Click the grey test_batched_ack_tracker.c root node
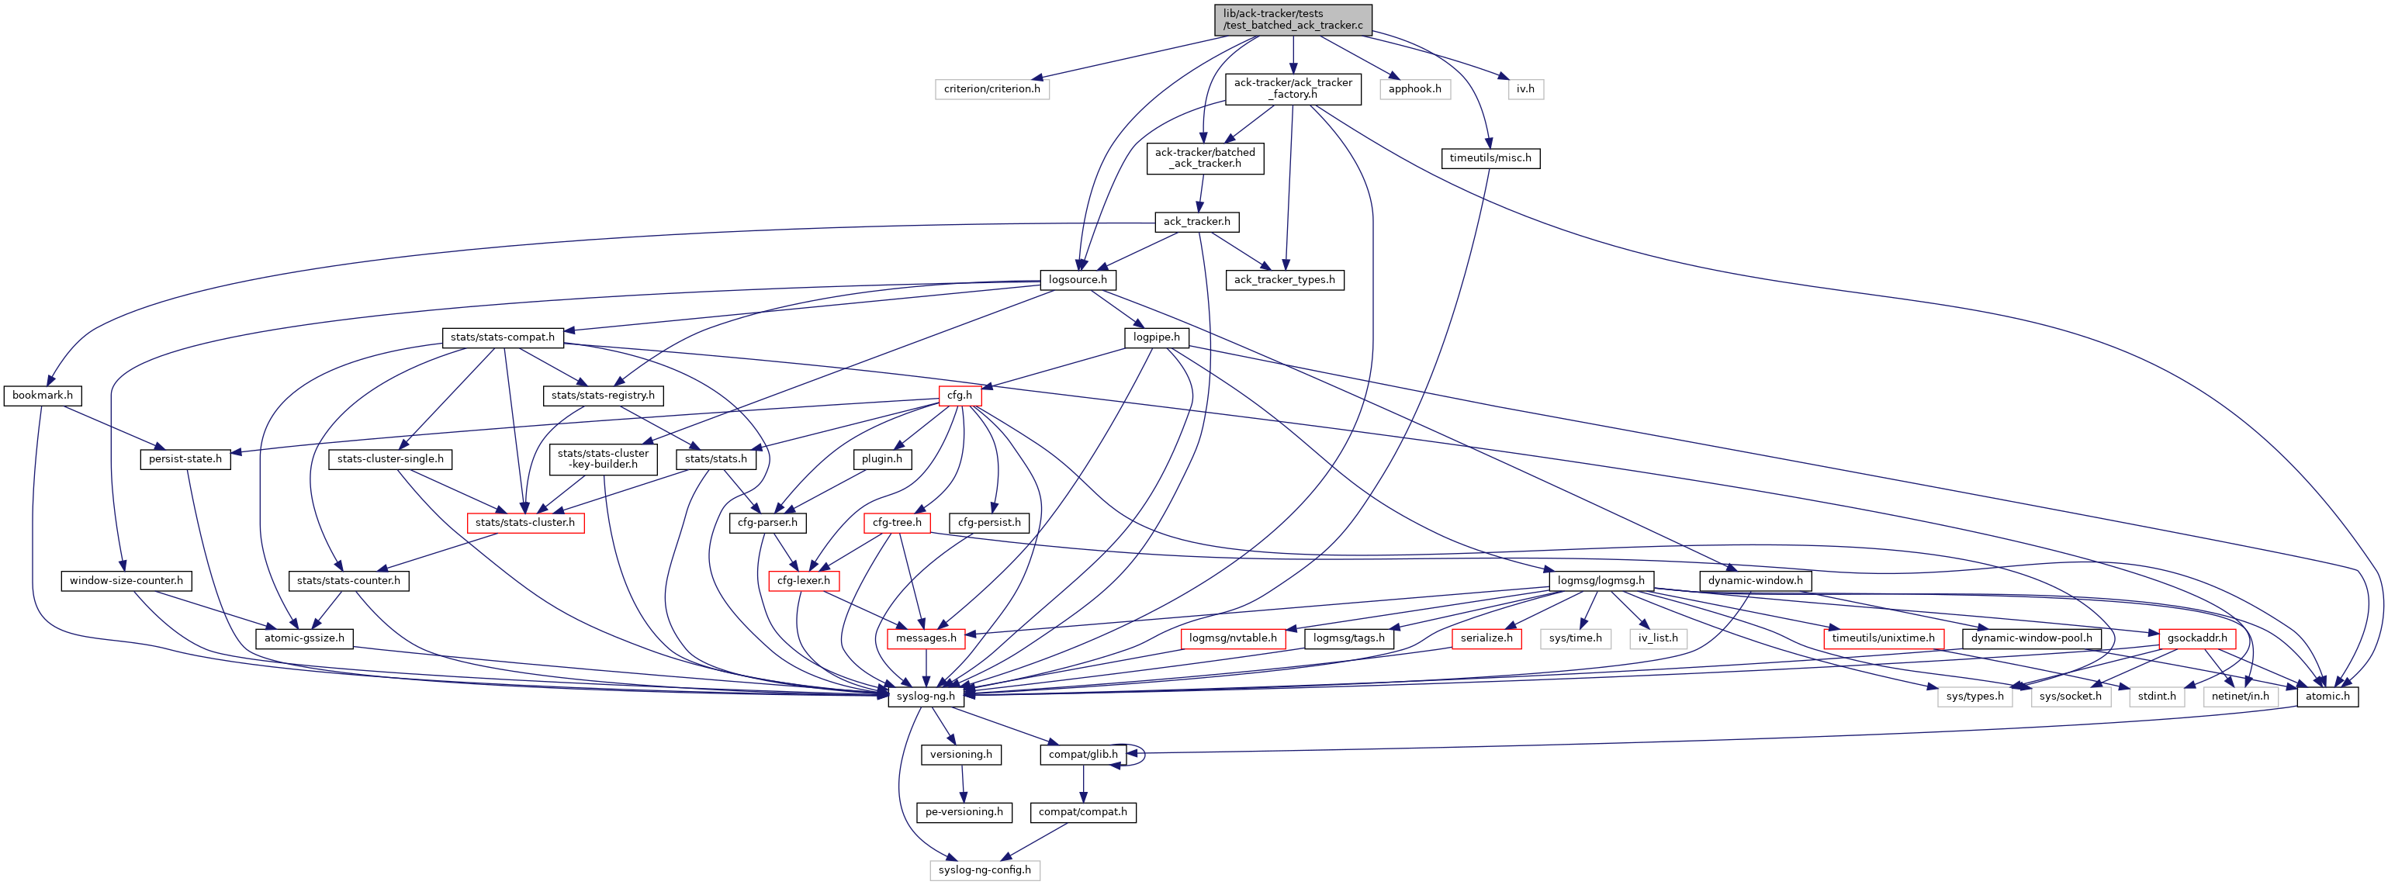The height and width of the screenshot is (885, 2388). point(1293,19)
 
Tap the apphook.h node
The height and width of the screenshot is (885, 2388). point(1414,89)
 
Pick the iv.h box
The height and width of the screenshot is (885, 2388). point(1525,89)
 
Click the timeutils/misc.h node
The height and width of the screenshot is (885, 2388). point(1490,158)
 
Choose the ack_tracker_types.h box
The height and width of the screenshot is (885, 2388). point(1284,280)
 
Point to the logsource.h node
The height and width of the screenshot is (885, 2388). point(1077,280)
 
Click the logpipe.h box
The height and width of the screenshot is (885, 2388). point(1156,337)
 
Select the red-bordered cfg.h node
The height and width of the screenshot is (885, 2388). point(960,396)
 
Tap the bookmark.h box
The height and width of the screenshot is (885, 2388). point(43,396)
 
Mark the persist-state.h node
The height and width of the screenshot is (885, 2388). point(185,460)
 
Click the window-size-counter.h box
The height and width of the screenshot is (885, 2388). point(126,581)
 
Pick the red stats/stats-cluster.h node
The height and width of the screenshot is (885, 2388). point(524,524)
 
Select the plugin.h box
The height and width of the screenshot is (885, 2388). point(881,460)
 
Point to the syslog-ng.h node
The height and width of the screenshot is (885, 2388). point(925,697)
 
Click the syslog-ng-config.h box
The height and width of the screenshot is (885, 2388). point(985,871)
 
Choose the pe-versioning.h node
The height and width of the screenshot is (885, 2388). point(964,813)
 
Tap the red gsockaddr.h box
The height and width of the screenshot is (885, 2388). point(2197,638)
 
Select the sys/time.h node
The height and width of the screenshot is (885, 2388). point(1575,638)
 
